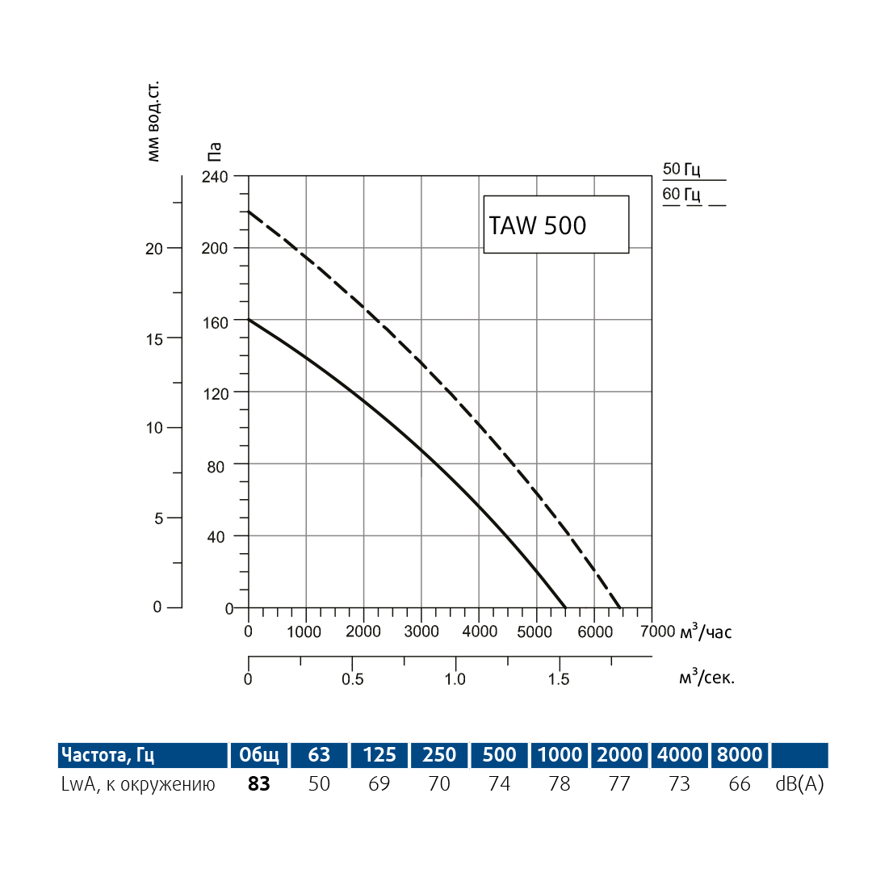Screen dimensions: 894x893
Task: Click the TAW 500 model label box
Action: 556,225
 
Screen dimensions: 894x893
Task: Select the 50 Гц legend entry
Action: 682,170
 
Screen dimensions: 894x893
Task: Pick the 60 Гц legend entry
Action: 682,195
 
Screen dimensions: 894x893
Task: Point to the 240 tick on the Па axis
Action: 215,176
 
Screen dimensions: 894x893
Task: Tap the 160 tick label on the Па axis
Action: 215,321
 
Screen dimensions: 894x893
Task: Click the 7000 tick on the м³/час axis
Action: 657,632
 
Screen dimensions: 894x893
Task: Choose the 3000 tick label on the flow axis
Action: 421,632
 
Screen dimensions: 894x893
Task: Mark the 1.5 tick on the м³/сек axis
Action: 559,678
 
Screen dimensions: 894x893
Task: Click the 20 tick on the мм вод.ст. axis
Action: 153,249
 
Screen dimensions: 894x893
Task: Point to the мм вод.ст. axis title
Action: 153,121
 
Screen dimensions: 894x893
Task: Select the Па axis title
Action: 214,152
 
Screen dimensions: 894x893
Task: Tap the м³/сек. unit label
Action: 706,678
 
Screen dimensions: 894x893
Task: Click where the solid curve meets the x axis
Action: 565,607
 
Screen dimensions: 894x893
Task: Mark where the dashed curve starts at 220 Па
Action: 249,212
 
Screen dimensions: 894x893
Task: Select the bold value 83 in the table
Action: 258,783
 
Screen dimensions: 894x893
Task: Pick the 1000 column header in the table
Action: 559,755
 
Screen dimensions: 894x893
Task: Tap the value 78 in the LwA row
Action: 559,783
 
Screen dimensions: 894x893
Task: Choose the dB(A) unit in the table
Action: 799,783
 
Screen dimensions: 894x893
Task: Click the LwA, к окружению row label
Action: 138,783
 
